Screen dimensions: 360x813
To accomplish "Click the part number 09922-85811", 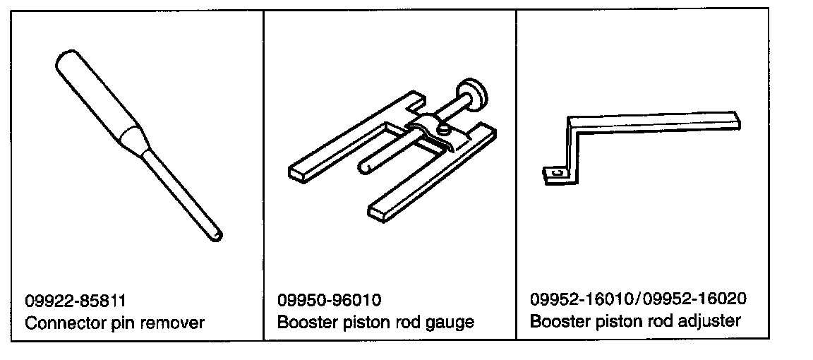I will [x=76, y=300].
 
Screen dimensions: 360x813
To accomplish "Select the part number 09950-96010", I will [x=330, y=300].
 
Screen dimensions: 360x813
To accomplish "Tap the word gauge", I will [x=450, y=323].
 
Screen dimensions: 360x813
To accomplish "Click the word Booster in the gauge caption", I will [x=305, y=323].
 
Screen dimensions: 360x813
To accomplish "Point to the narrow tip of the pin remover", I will [x=216, y=233].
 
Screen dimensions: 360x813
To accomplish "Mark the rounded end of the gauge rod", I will [x=365, y=167].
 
